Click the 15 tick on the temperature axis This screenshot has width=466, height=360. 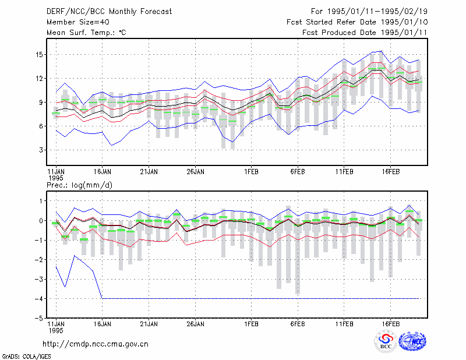(39, 55)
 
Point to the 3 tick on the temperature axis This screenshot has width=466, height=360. (41, 150)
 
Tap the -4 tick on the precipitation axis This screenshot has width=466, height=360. (39, 299)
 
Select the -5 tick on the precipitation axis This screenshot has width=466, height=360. (39, 319)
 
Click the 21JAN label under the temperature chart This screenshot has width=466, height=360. (149, 172)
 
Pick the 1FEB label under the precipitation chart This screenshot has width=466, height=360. (252, 324)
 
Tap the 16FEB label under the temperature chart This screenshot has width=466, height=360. (390, 172)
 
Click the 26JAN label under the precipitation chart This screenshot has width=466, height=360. (195, 324)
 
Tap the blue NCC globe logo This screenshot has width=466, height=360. (412, 341)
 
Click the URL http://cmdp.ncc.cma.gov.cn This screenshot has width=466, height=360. (96, 344)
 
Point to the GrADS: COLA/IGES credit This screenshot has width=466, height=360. (26, 357)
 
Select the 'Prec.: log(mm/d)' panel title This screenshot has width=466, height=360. (79, 185)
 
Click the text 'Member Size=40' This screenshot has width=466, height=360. (78, 22)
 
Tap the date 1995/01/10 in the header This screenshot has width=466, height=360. (404, 22)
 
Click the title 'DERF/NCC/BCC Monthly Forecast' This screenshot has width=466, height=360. (109, 12)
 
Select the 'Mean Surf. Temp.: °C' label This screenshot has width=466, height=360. (86, 33)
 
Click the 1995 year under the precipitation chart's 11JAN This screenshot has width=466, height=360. (56, 330)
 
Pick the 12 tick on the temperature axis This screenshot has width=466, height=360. (39, 79)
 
